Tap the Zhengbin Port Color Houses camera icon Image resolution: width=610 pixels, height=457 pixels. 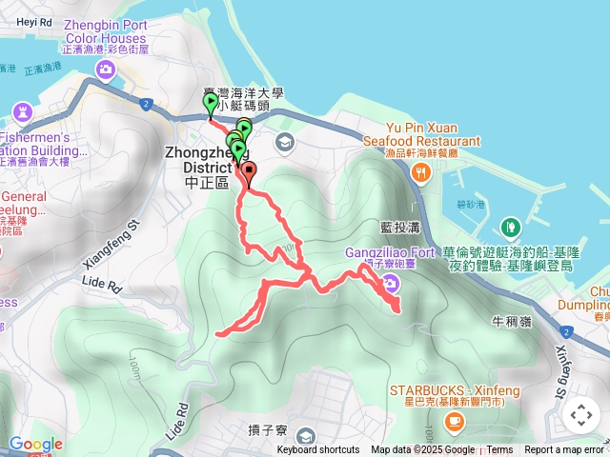pyautogui.click(x=105, y=69)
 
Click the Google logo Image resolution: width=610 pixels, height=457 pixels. pyautogui.click(x=35, y=444)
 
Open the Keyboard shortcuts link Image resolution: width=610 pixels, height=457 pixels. pyautogui.click(x=318, y=450)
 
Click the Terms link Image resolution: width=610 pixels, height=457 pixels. pyautogui.click(x=499, y=450)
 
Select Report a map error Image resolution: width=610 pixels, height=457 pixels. pyautogui.click(x=564, y=450)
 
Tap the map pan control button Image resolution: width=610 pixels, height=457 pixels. pyautogui.click(x=580, y=415)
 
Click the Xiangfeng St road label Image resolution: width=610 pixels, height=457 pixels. pyautogui.click(x=130, y=240)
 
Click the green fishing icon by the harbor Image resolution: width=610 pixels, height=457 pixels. pyautogui.click(x=511, y=227)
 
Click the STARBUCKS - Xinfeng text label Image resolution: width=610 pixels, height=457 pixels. pyautogui.click(x=451, y=390)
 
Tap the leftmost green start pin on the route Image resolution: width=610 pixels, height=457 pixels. pyautogui.click(x=210, y=104)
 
